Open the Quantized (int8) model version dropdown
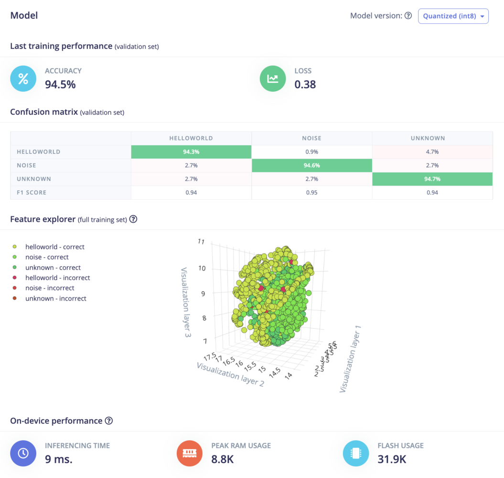click(x=453, y=16)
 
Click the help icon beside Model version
click(x=408, y=16)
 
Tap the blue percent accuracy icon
click(x=23, y=78)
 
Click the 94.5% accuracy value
click(x=60, y=85)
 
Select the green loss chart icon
click(x=273, y=78)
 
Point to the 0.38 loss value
click(x=305, y=85)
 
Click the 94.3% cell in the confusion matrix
click(x=191, y=152)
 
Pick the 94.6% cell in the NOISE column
click(x=311, y=165)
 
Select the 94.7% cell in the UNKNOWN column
click(x=432, y=179)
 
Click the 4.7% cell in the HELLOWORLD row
click(x=432, y=152)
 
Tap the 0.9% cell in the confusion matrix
click(x=311, y=152)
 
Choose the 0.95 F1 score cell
click(x=311, y=193)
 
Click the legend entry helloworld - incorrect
click(x=57, y=278)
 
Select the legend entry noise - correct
click(x=47, y=257)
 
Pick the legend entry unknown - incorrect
click(x=55, y=298)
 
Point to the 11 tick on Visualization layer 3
click(x=201, y=242)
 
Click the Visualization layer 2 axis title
click(x=230, y=374)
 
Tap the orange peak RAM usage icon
click(x=190, y=453)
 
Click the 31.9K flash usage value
click(x=392, y=459)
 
